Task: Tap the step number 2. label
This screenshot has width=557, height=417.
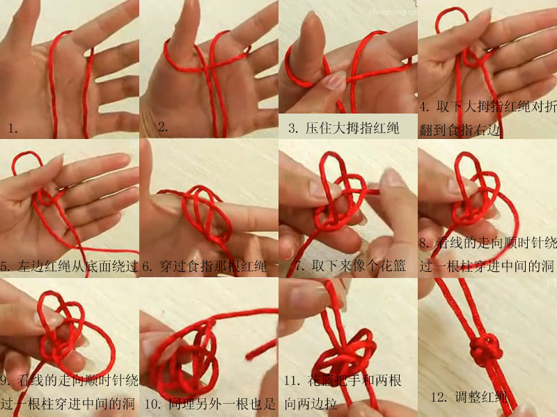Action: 163,126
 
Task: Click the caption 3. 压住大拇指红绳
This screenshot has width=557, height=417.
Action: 343,128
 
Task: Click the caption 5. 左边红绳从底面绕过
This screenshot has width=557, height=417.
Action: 70,266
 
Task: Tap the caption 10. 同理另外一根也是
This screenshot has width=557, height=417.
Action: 210,403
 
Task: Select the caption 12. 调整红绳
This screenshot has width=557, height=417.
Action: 469,398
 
